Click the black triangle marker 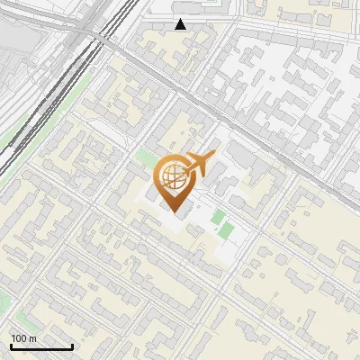181,24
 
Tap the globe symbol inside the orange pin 172,175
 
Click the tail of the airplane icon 211,157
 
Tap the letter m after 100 32,337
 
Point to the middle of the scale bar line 41,347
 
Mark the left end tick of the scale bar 10,346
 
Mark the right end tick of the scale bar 72,346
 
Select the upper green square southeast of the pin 217,217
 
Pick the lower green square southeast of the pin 225,230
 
